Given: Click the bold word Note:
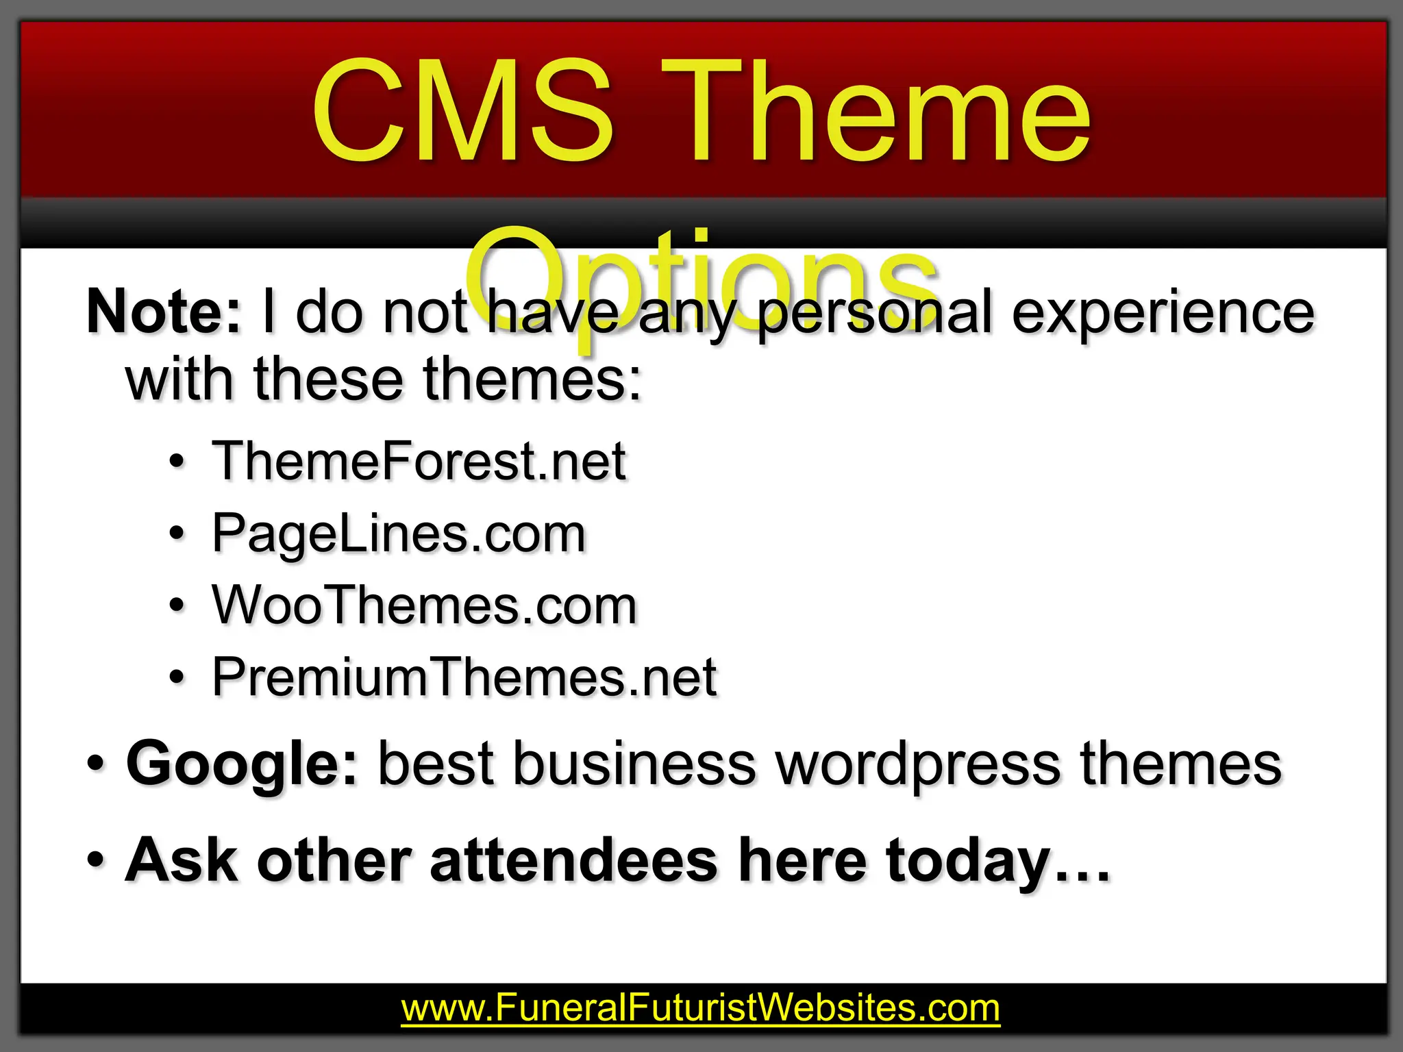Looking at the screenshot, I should (x=164, y=312).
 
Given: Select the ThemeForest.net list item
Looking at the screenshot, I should (x=419, y=461).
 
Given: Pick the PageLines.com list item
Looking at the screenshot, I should (x=399, y=534).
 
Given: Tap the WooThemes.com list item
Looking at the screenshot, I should (x=425, y=605).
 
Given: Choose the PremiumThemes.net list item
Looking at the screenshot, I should (x=464, y=677).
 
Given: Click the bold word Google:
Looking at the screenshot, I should (x=242, y=764).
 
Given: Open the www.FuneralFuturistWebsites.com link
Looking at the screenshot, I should (x=700, y=1008).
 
